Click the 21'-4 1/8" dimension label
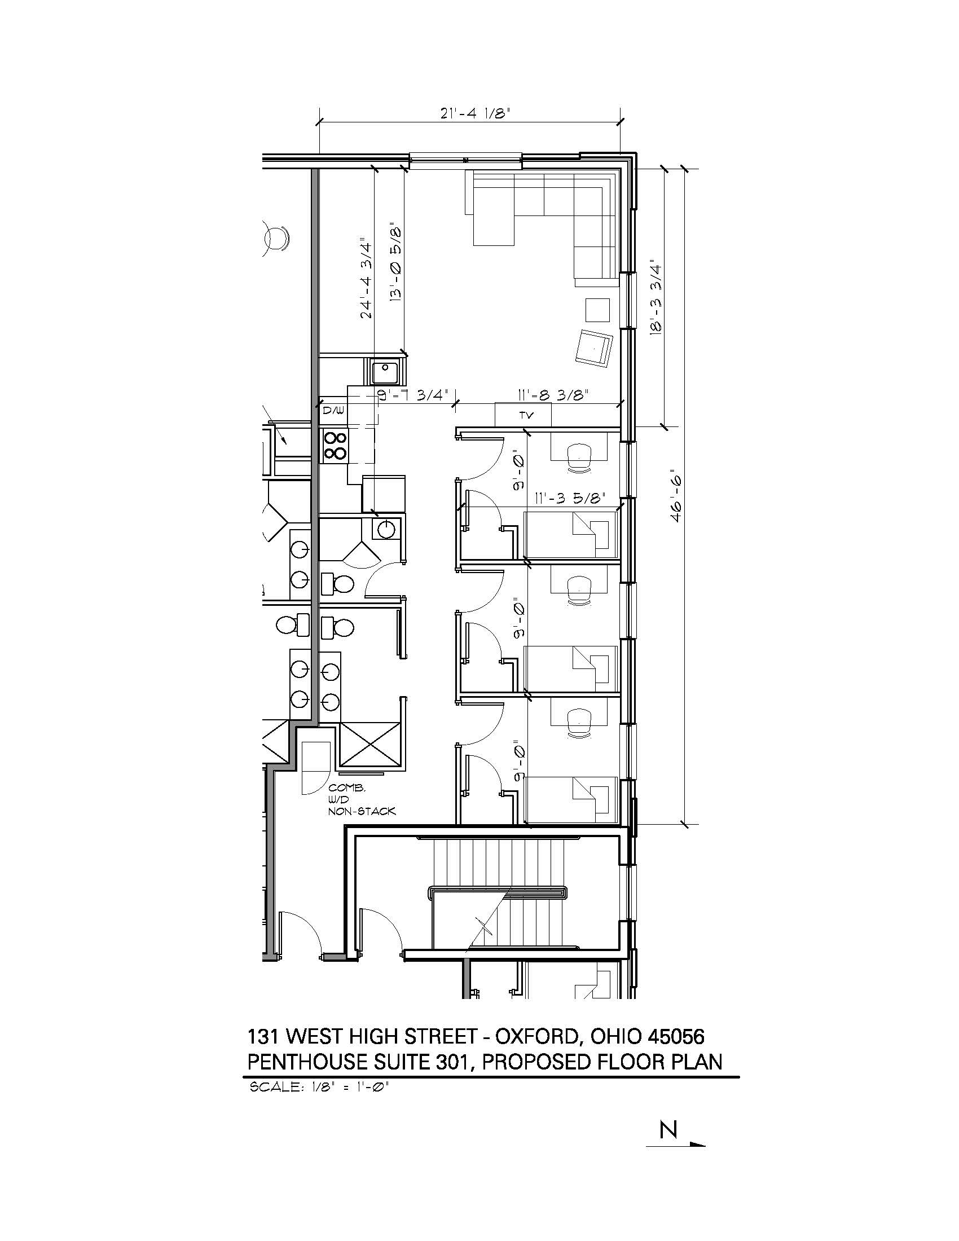point(475,112)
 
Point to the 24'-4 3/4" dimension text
point(367,280)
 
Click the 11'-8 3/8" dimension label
point(552,394)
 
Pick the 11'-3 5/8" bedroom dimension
point(570,498)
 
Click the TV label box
point(524,414)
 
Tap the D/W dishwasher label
point(331,410)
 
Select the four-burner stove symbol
point(335,445)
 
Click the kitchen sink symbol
point(386,372)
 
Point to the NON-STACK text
point(362,811)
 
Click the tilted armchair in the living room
point(594,347)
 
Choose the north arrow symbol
point(675,1144)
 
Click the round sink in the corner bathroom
point(386,529)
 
